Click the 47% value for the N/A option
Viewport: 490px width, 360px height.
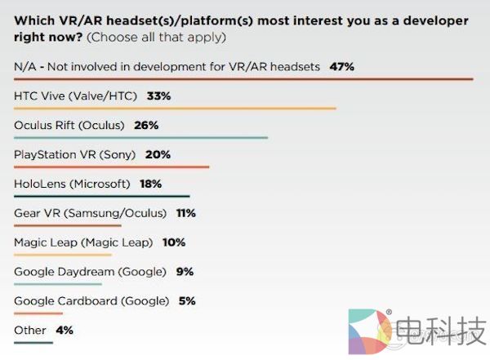pyautogui.click(x=341, y=66)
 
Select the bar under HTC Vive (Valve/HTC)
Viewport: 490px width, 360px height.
pyautogui.click(x=176, y=108)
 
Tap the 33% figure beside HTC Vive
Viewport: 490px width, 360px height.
pyautogui.click(x=158, y=96)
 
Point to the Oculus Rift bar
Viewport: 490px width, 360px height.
pyautogui.click(x=141, y=137)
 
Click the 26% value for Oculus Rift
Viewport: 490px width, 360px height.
pyautogui.click(x=146, y=125)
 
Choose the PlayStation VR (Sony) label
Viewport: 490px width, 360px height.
pyautogui.click(x=76, y=154)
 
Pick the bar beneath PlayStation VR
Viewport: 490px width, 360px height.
pyautogui.click(x=112, y=167)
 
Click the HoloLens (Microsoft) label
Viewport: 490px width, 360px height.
pyautogui.click(x=72, y=184)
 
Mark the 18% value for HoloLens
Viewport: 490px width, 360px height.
pyautogui.click(x=150, y=184)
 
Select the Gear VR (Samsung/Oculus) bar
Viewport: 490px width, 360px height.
pyautogui.click(x=68, y=225)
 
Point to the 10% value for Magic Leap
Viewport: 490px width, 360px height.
pyautogui.click(x=173, y=242)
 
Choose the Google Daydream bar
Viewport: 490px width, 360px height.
pyautogui.click(x=58, y=284)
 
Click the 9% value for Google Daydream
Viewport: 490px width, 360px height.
pyautogui.click(x=184, y=272)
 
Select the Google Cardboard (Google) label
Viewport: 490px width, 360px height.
pyautogui.click(x=91, y=301)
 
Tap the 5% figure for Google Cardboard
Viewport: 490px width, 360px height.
pyautogui.click(x=187, y=301)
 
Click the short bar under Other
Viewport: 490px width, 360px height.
pyautogui.click(x=33, y=342)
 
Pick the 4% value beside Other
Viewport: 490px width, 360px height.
pyautogui.click(x=65, y=331)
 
